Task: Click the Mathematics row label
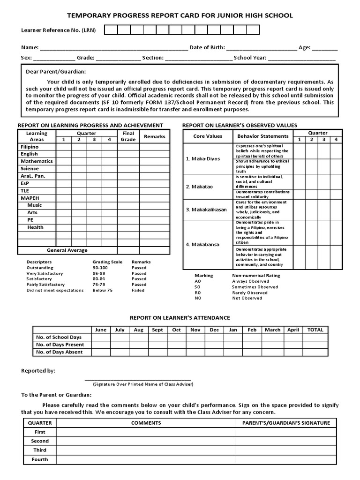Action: pyautogui.click(x=37, y=161)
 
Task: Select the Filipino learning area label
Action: pyautogui.click(x=30, y=147)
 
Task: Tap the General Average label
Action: pyautogui.click(x=67, y=250)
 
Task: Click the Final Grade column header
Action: pyautogui.click(x=128, y=136)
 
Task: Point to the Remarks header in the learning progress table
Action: pyautogui.click(x=155, y=136)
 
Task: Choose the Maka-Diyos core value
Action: pyautogui.click(x=202, y=159)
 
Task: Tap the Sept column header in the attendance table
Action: pyautogui.click(x=158, y=330)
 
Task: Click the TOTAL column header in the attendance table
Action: pyautogui.click(x=315, y=330)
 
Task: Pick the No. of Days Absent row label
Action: pyautogui.click(x=60, y=352)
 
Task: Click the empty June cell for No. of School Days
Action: pyautogui.click(x=101, y=337)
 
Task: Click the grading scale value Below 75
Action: pyautogui.click(x=103, y=290)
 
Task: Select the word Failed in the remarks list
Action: pyautogui.click(x=138, y=290)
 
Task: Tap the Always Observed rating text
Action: pyautogui.click(x=251, y=281)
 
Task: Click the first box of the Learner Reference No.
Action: pyautogui.click(x=111, y=30)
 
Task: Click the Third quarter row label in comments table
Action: pyautogui.click(x=40, y=450)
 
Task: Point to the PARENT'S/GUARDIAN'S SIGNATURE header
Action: pyautogui.click(x=286, y=423)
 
